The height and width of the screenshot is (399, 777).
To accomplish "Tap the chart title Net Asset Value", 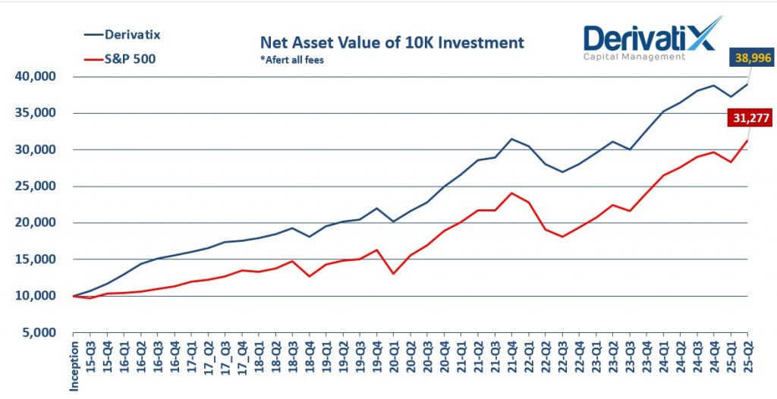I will coord(392,42).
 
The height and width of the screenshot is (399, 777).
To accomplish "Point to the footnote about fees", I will coord(292,60).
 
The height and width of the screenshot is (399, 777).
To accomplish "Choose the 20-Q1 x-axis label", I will coord(395,353).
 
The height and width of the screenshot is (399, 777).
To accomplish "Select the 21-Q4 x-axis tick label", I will coord(512,353).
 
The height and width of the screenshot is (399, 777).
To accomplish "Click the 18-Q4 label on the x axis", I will coord(310,353).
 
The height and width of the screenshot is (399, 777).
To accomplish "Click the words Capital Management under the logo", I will coord(634,56).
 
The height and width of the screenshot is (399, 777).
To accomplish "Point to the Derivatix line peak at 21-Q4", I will coord(512,139).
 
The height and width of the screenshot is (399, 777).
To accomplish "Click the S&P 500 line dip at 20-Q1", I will coord(394,273).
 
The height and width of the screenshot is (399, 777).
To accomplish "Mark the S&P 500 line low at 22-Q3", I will coord(562,237).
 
